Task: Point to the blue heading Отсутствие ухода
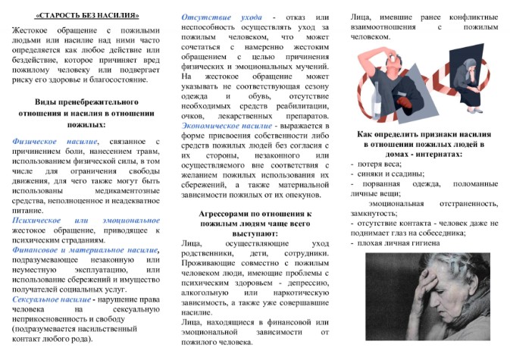pyautogui.click(x=211, y=17)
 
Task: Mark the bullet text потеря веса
pyautogui.click(x=379, y=164)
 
